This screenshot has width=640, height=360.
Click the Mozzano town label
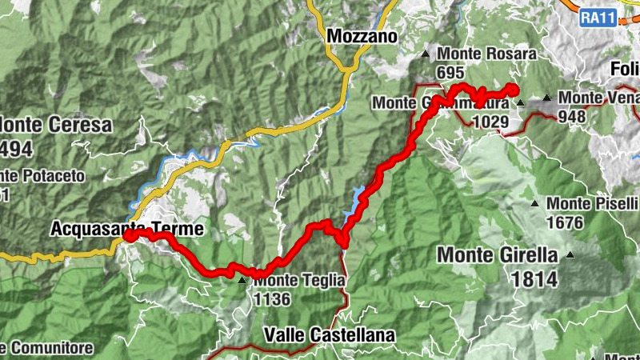pyautogui.click(x=362, y=36)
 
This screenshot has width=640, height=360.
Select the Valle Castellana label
pyautogui.click(x=328, y=334)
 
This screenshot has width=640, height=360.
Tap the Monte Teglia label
pyautogui.click(x=300, y=281)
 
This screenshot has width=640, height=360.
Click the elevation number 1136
pyautogui.click(x=271, y=299)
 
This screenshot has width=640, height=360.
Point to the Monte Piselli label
pyautogui.click(x=593, y=204)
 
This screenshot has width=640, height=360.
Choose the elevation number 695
pyautogui.click(x=450, y=72)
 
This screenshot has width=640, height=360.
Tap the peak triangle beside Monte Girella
pyautogui.click(x=570, y=256)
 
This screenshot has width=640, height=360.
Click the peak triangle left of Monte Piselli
pyautogui.click(x=535, y=203)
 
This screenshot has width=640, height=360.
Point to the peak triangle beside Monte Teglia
pyautogui.click(x=242, y=281)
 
